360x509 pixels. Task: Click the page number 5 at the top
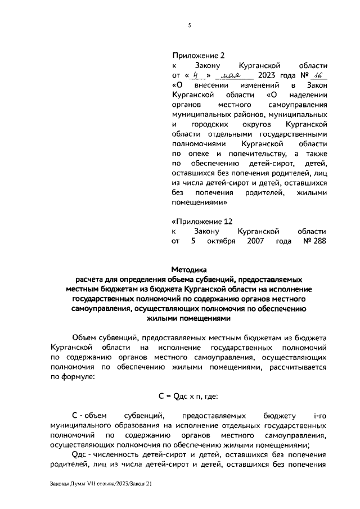click(189, 25)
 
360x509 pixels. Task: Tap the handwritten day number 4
click(195, 75)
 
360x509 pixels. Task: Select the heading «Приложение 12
click(201, 221)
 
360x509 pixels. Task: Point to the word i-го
click(319, 416)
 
